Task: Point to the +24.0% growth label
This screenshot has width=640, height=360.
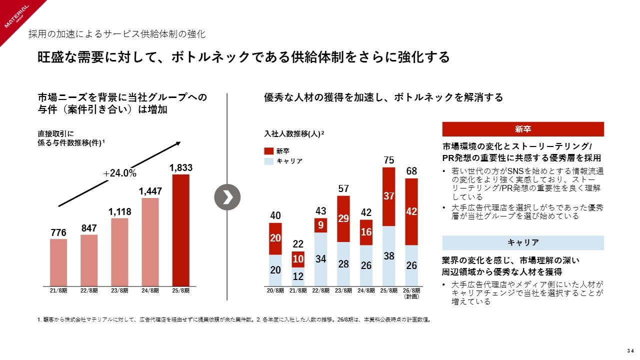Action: (119, 173)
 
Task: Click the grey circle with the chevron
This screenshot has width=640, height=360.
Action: (227, 197)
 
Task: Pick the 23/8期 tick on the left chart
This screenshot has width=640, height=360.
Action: (119, 290)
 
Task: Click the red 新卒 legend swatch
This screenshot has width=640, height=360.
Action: (268, 150)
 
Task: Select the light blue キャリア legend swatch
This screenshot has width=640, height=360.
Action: (268, 161)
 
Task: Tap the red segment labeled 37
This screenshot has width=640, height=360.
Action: (389, 196)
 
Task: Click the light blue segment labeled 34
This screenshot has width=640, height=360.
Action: (321, 258)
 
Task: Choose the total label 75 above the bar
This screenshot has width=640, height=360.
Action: (389, 160)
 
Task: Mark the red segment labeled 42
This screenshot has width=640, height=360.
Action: (411, 211)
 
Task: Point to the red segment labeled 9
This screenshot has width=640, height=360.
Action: (321, 225)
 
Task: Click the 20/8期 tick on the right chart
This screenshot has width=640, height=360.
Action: (275, 290)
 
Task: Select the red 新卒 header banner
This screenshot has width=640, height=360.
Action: (523, 129)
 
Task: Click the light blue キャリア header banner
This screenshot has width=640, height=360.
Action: (523, 242)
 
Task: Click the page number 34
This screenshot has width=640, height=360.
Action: (630, 349)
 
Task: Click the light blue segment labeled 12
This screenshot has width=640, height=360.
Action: (298, 276)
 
